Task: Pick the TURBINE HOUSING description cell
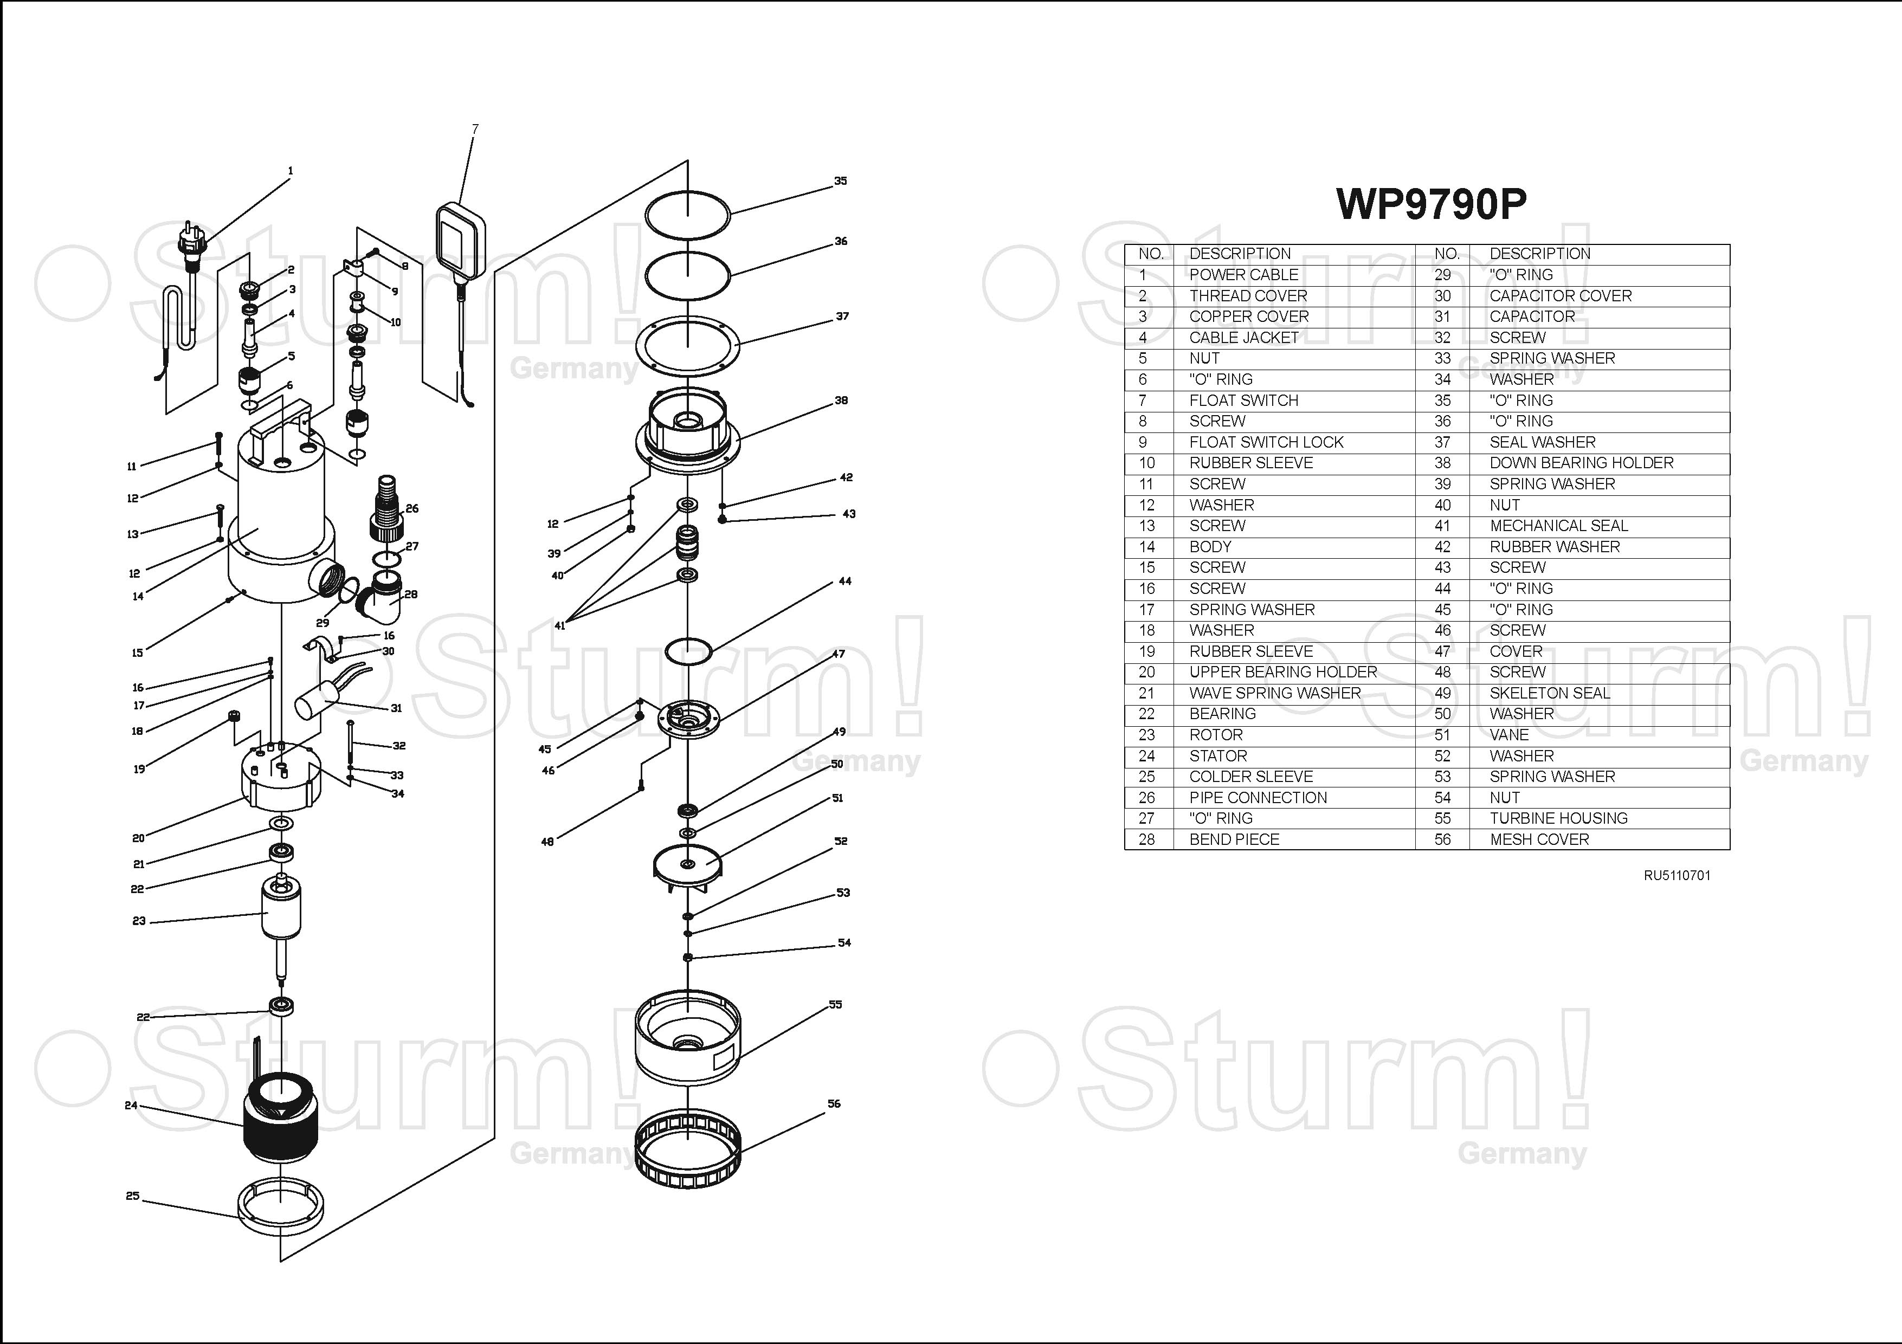(x=1558, y=818)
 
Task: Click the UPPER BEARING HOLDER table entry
(x=1282, y=673)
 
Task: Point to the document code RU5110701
(x=1677, y=875)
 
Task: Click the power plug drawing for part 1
(x=191, y=243)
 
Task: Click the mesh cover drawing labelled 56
(x=687, y=1149)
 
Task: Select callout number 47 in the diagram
(x=839, y=654)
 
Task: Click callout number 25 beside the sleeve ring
(x=133, y=1196)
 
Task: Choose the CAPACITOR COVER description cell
(x=1560, y=296)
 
